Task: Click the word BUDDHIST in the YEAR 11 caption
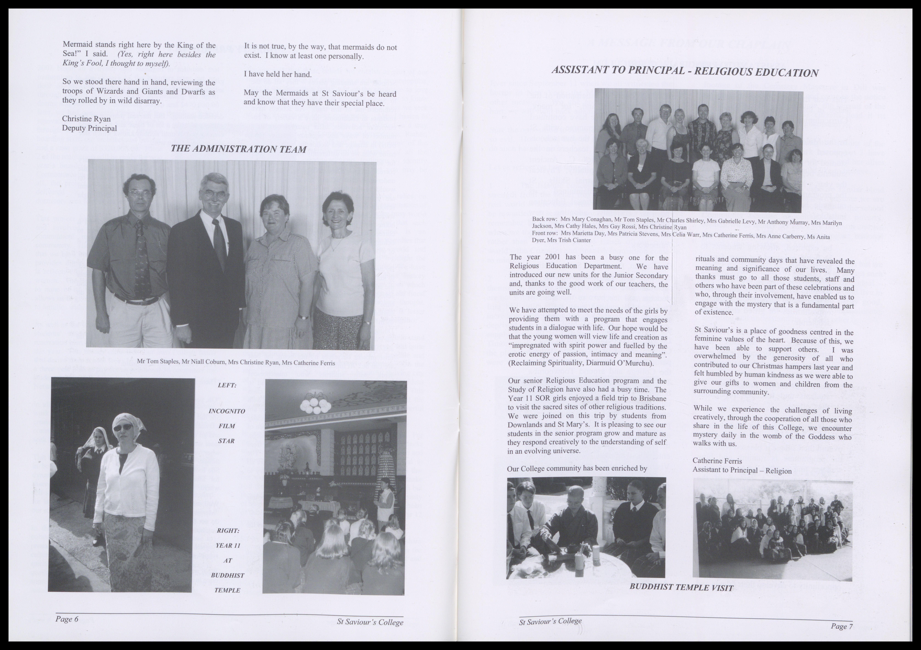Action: click(x=227, y=575)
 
